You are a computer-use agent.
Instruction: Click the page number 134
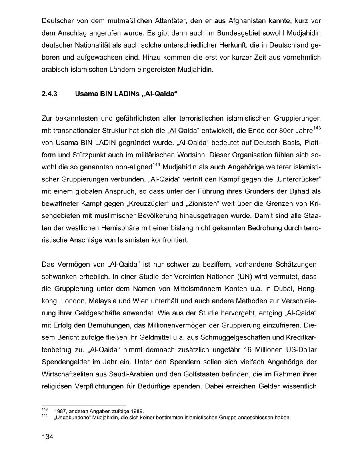coord(47,436)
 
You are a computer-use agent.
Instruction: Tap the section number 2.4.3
coord(50,95)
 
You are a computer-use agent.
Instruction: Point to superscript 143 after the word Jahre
coord(317,128)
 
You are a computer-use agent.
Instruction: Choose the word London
coord(72,300)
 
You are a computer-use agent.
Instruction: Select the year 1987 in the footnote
coord(60,411)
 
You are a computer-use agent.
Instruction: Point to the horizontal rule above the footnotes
coord(84,405)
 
